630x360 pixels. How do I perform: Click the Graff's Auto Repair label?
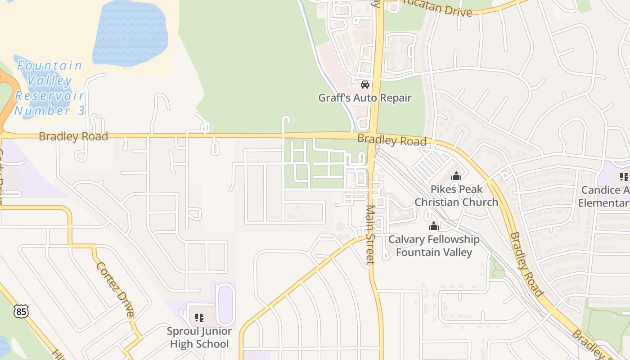click(x=364, y=98)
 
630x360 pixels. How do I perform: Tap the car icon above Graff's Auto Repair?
click(x=365, y=85)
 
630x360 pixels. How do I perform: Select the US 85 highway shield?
click(x=21, y=311)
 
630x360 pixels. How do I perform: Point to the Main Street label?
click(x=370, y=235)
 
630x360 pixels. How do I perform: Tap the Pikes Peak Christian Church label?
click(x=456, y=196)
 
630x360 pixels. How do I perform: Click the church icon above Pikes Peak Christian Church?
click(x=456, y=176)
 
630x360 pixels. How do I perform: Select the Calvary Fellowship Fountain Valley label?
click(x=433, y=246)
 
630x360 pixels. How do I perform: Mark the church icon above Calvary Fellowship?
click(x=434, y=226)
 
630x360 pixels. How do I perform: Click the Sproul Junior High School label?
click(x=199, y=337)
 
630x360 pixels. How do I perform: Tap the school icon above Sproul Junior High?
click(x=199, y=318)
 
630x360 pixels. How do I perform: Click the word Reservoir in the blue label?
click(x=49, y=95)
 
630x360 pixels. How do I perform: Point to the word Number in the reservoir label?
click(x=40, y=110)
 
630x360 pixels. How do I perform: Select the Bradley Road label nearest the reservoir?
click(x=73, y=136)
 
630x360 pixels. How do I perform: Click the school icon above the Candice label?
click(x=624, y=177)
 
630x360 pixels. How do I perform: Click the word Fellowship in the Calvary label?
click(x=450, y=239)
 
